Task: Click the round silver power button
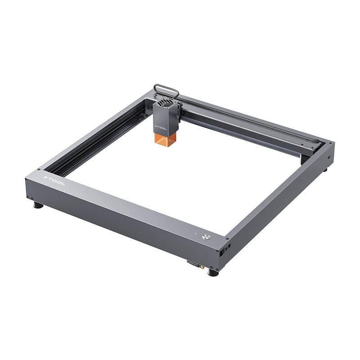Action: point(207,237)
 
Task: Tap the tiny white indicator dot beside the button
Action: point(196,234)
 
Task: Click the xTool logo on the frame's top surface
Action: point(54,181)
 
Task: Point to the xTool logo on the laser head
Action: point(161,127)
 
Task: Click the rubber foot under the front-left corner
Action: point(38,205)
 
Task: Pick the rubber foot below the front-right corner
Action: point(213,272)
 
